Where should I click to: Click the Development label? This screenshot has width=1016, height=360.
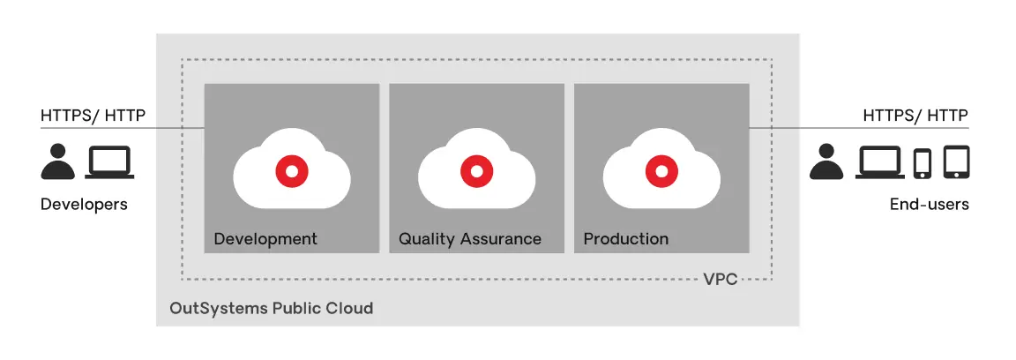tap(265, 239)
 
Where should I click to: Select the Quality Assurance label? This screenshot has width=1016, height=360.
tap(470, 239)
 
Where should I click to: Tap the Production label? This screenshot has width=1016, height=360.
tap(626, 239)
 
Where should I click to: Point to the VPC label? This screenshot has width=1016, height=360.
tap(721, 280)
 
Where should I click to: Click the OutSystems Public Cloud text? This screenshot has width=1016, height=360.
tap(272, 307)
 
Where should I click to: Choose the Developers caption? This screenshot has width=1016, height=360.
tap(85, 205)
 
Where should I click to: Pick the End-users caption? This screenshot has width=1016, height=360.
tap(930, 205)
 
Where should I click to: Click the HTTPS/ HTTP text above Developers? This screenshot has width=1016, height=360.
tap(93, 116)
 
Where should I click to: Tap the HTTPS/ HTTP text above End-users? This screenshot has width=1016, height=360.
tap(915, 116)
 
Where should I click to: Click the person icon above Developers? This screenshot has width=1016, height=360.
tap(57, 162)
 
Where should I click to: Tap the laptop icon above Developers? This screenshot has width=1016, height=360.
tap(109, 162)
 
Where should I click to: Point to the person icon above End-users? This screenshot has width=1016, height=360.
tap(826, 162)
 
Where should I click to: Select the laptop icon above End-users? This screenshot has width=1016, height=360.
tap(880, 162)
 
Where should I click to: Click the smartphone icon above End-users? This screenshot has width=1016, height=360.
tap(922, 163)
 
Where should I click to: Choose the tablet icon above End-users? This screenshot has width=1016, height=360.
tap(956, 162)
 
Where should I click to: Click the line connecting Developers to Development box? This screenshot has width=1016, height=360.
tap(123, 128)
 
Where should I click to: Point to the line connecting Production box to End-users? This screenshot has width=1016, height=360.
tap(859, 128)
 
